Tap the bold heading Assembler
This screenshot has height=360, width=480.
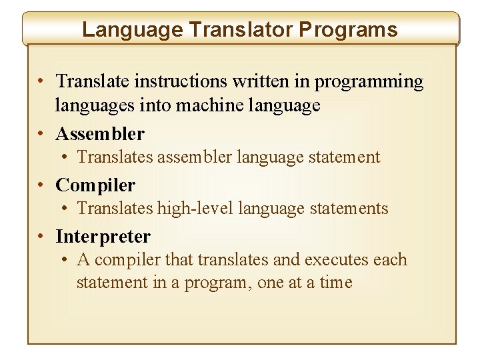click(x=100, y=134)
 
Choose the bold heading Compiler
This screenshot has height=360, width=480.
click(x=95, y=185)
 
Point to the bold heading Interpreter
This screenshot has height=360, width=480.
click(x=103, y=237)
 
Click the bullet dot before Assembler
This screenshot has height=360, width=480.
click(x=41, y=135)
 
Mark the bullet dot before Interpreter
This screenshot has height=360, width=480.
click(x=41, y=237)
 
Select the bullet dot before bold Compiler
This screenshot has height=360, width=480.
click(x=41, y=186)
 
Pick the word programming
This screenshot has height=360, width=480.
click(x=369, y=81)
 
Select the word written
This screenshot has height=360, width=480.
click(x=263, y=81)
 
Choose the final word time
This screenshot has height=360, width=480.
click(x=335, y=283)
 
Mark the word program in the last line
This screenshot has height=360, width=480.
click(x=217, y=283)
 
